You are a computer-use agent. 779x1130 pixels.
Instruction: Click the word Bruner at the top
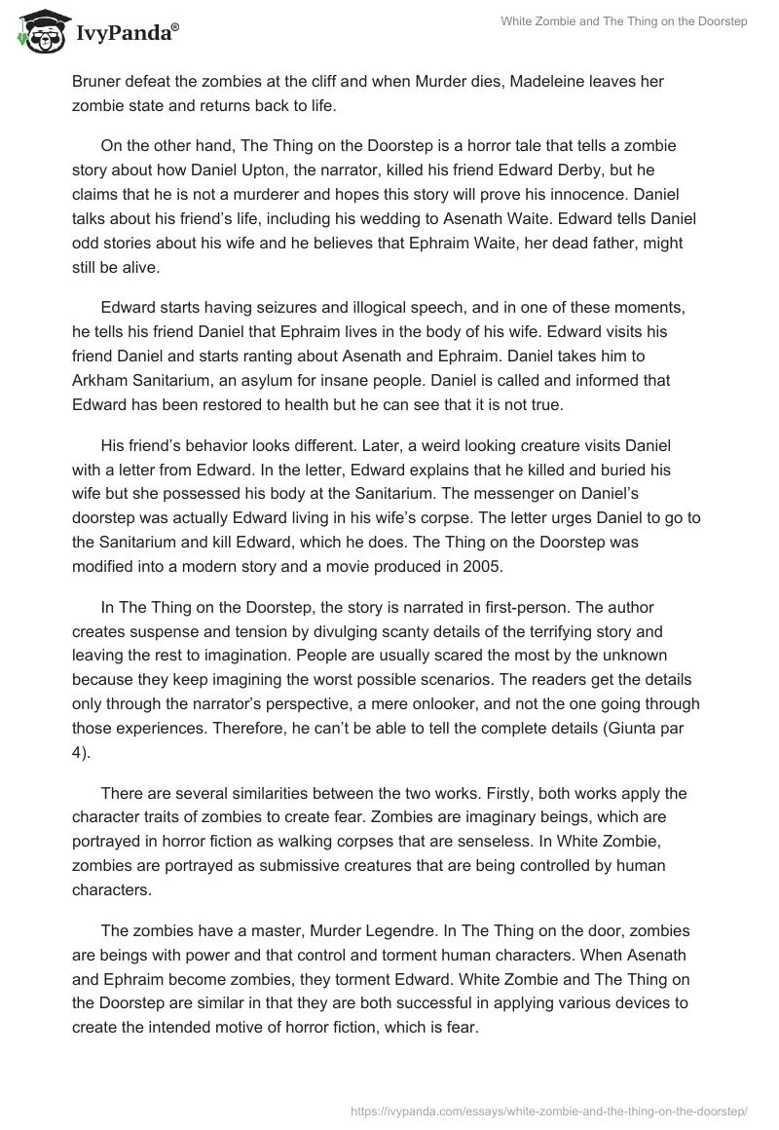pyautogui.click(x=96, y=82)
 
